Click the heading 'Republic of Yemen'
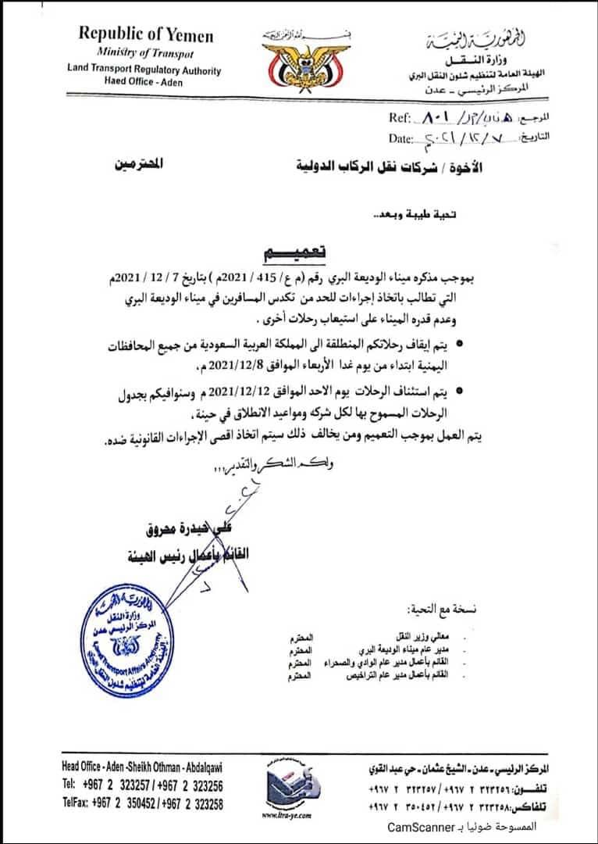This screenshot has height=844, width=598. pos(145,35)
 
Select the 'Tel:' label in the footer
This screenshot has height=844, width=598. pos(69,785)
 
